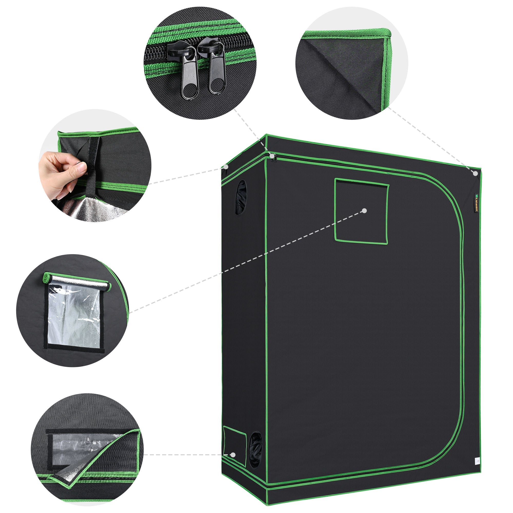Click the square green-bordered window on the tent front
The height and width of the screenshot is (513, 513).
361,211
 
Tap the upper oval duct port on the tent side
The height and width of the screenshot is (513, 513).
241,198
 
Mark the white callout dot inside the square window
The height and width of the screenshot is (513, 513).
364,211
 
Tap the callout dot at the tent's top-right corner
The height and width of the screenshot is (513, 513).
475,173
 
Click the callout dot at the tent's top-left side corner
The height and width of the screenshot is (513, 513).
226,167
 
